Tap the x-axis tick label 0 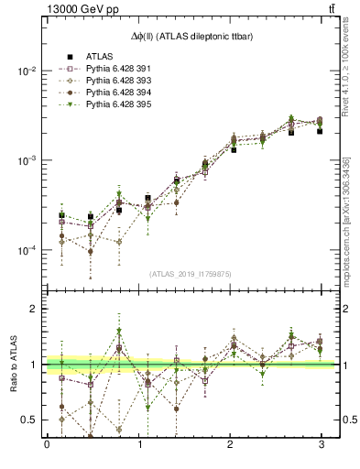tap(47, 446)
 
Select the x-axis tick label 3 tap(322, 446)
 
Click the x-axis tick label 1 tap(138, 446)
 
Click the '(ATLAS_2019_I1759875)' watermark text tap(191, 272)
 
